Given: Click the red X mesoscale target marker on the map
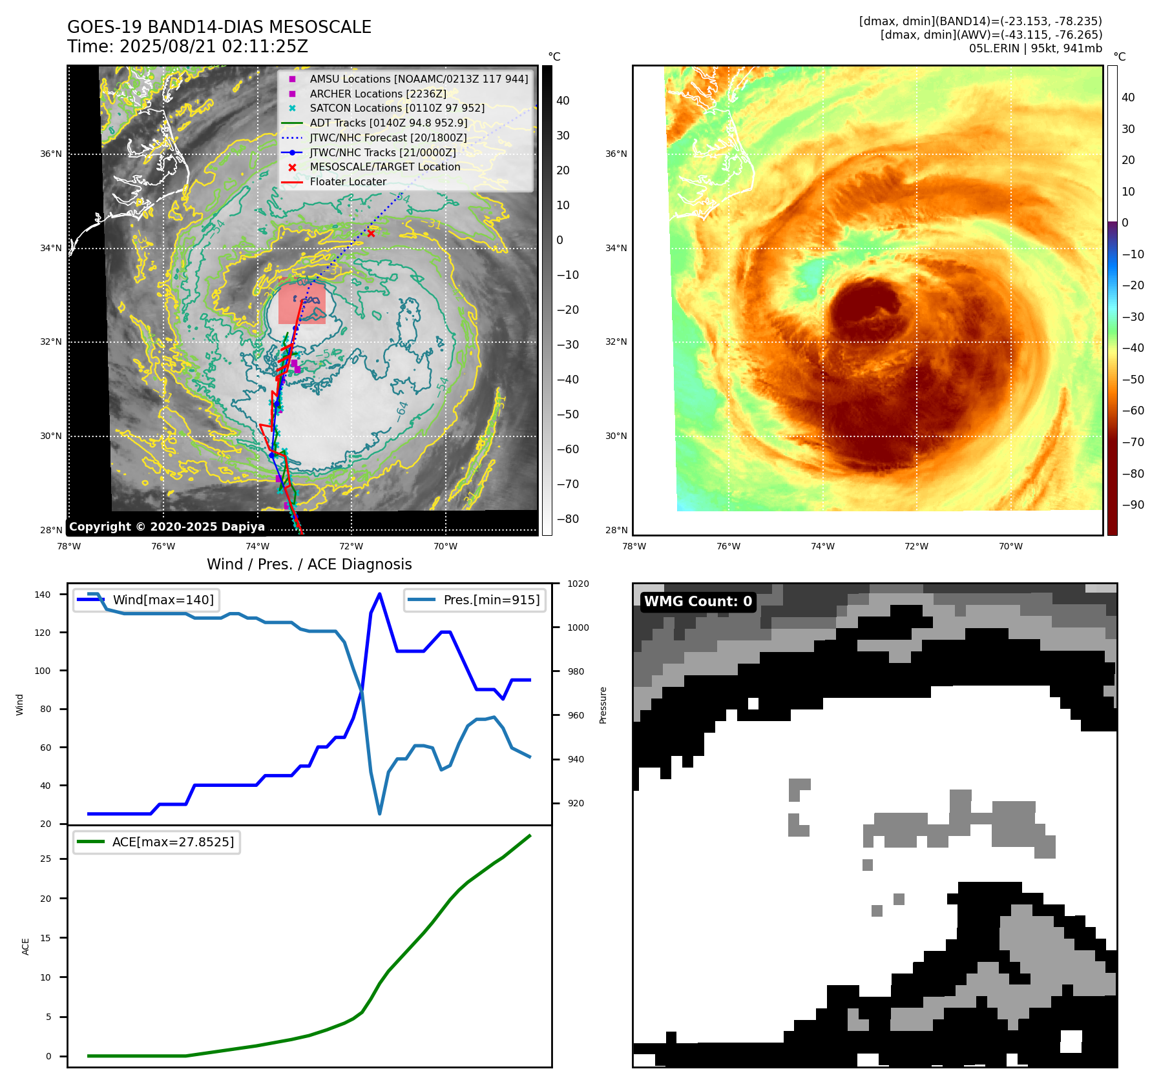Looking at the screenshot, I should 371,234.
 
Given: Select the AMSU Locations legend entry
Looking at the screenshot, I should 418,79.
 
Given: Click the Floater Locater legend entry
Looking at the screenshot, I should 348,181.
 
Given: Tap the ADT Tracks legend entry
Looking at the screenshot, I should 388,123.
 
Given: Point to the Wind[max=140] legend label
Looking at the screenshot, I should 163,600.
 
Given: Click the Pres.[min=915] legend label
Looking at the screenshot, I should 491,600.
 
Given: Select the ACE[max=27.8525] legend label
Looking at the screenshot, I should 173,842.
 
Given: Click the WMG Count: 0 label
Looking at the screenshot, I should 698,602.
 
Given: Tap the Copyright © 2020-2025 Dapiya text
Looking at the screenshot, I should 167,527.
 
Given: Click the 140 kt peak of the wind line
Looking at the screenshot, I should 379,594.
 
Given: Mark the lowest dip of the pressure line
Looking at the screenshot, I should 379,813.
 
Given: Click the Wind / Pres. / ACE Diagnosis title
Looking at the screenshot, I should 309,564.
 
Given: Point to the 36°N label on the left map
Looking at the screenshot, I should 51,154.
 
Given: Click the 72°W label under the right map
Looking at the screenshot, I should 916,546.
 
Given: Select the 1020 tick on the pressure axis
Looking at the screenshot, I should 578,584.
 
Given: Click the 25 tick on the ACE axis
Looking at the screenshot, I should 46,859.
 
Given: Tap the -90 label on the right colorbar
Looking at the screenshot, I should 1133,505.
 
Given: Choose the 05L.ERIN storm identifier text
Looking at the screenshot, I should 994,48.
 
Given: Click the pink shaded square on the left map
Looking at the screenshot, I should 302,303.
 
